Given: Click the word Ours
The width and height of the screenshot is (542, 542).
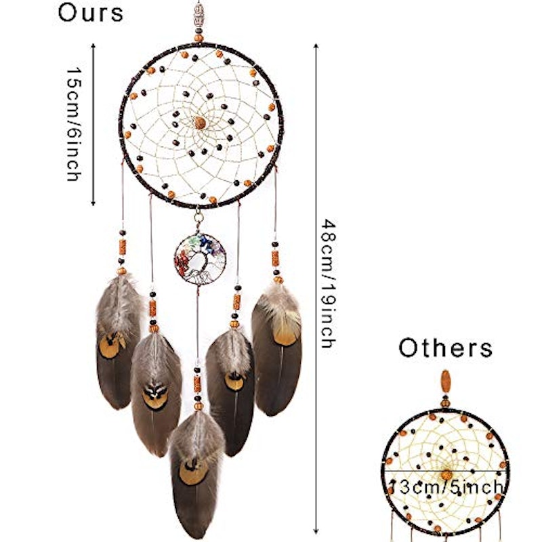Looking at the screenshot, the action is click(90, 13).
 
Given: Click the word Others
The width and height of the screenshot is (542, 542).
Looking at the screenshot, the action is click(446, 348).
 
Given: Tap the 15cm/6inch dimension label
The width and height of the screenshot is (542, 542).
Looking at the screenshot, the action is click(74, 124).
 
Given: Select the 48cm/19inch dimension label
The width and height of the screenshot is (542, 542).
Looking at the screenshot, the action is click(329, 283).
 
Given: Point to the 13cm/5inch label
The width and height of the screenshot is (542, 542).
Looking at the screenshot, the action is click(446, 487).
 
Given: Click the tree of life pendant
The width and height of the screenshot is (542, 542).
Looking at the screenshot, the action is click(200, 259).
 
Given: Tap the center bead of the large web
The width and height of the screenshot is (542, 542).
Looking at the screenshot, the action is click(199, 123).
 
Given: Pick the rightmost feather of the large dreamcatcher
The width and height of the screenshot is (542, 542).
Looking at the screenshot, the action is click(277, 349).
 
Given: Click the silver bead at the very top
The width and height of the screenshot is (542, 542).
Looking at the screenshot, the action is click(199, 14).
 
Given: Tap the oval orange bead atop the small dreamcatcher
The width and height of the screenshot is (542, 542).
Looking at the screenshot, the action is click(446, 381).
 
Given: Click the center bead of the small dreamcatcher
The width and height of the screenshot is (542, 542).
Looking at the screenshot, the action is click(446, 475).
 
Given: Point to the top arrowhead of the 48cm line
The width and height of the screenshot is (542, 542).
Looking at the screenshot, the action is click(316, 45).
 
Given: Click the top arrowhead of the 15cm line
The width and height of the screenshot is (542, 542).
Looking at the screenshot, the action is click(93, 45).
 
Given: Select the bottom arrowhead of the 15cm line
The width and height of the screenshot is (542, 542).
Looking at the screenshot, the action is click(93, 203).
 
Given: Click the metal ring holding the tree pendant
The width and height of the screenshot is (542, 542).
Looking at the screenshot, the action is click(198, 217).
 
